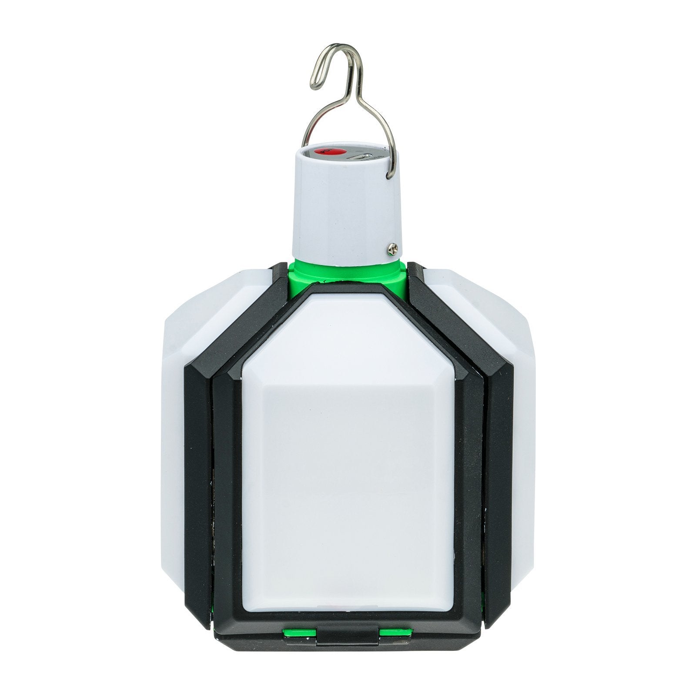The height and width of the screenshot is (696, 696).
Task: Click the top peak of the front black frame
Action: pyautogui.click(x=348, y=289)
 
